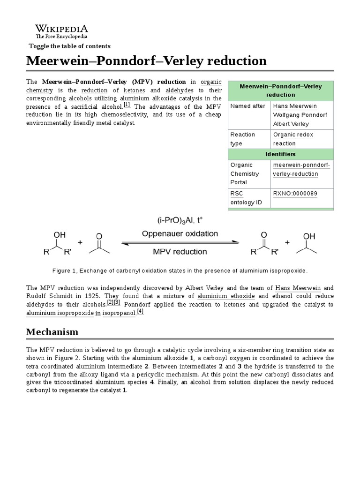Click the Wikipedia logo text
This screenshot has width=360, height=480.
pyautogui.click(x=61, y=29)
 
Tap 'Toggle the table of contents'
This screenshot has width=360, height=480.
pyautogui.click(x=70, y=46)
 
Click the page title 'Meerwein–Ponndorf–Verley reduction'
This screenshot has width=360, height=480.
pyautogui.click(x=146, y=61)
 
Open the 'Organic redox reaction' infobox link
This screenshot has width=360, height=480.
pyautogui.click(x=293, y=139)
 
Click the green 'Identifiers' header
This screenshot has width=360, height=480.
pyautogui.click(x=281, y=154)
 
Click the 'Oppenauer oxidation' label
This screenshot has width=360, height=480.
pyautogui.click(x=180, y=233)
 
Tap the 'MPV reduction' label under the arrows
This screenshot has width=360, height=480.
pyautogui.click(x=180, y=252)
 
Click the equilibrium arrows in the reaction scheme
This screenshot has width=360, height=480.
pyautogui.click(x=180, y=243)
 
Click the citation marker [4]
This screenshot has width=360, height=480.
pyautogui.click(x=140, y=311)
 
